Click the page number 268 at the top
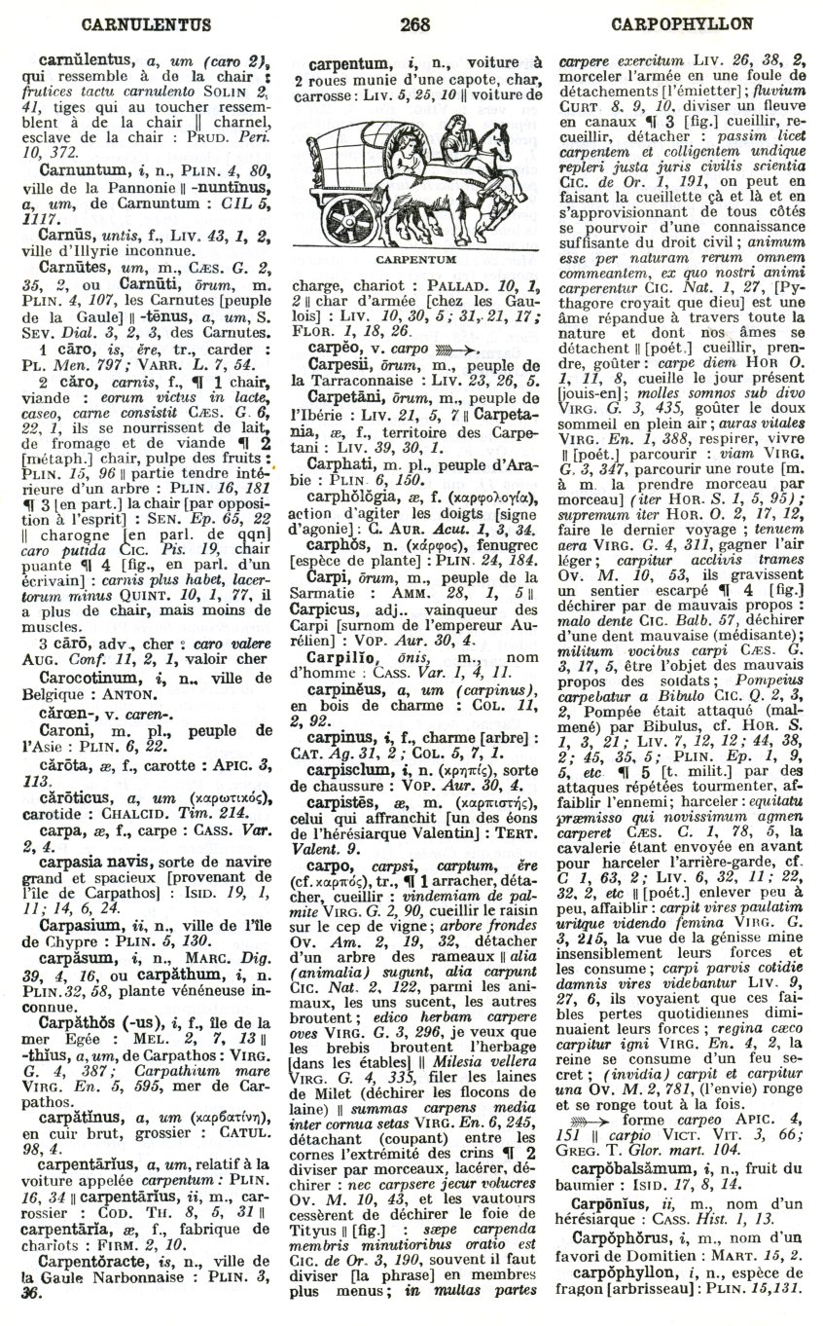click(412, 19)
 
